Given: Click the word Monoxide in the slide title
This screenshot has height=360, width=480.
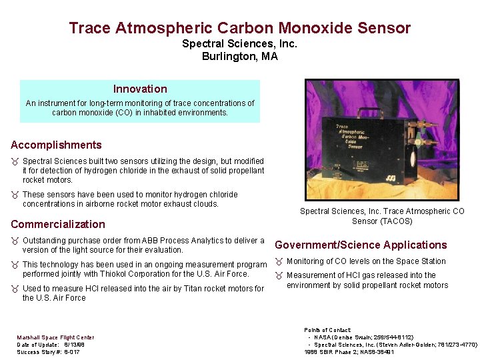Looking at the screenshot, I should click(x=313, y=28).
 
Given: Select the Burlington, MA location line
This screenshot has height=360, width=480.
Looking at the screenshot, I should click(x=239, y=57).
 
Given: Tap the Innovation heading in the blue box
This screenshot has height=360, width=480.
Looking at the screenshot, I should click(x=140, y=89).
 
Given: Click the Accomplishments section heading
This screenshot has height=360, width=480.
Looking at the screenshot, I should click(x=56, y=145).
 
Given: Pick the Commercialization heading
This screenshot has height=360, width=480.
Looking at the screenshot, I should click(x=58, y=224).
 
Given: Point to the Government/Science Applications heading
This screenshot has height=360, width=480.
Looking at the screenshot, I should click(x=361, y=245).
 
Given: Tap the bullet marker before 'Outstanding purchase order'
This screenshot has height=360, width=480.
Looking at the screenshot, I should click(x=15, y=241).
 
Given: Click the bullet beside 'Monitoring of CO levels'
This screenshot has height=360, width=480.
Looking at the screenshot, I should click(x=279, y=261).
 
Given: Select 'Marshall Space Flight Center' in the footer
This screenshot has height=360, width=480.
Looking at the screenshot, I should click(x=55, y=338).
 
